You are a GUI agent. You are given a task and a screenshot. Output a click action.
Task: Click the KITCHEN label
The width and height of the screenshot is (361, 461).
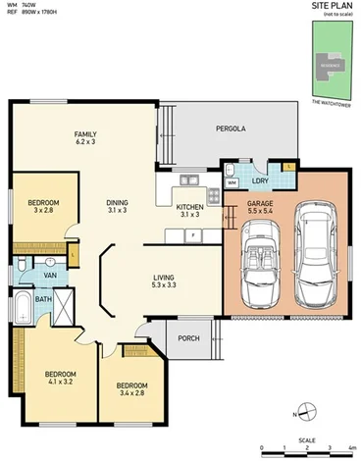pyautogui.click(x=188, y=210)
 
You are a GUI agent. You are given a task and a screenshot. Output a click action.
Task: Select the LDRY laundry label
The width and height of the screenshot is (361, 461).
pyautogui.click(x=259, y=180)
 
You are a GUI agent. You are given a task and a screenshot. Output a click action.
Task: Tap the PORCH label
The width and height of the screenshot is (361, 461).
pyautogui.click(x=189, y=339)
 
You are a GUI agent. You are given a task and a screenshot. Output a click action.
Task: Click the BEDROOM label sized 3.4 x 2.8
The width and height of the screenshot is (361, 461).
pyautogui.click(x=125, y=388)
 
